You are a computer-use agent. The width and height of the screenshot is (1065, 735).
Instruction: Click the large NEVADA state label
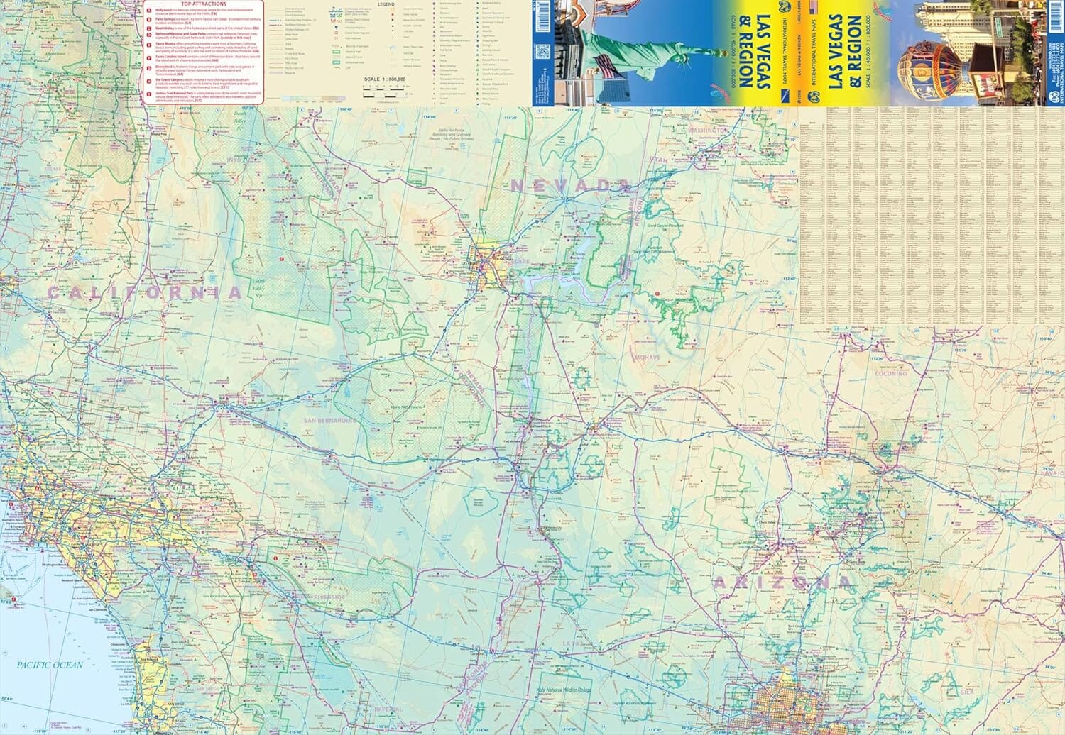pos(570,185)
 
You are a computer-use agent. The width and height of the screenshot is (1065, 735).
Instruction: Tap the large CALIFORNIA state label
pos(146,292)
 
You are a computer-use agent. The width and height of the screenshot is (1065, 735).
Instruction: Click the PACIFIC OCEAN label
pos(50,665)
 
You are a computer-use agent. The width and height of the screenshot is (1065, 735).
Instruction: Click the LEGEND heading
pos(386,4)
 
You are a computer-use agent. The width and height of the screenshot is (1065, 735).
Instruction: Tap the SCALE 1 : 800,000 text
pos(384,79)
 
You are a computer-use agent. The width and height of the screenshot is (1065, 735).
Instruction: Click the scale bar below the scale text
pos(384,89)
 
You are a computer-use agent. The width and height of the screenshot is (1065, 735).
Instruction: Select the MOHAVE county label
pos(647,357)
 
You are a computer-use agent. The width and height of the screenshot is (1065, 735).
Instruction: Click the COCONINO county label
pos(890,373)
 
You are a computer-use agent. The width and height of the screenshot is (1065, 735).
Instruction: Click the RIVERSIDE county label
pos(327,597)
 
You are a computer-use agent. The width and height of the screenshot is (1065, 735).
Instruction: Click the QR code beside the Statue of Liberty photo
pos(543,52)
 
